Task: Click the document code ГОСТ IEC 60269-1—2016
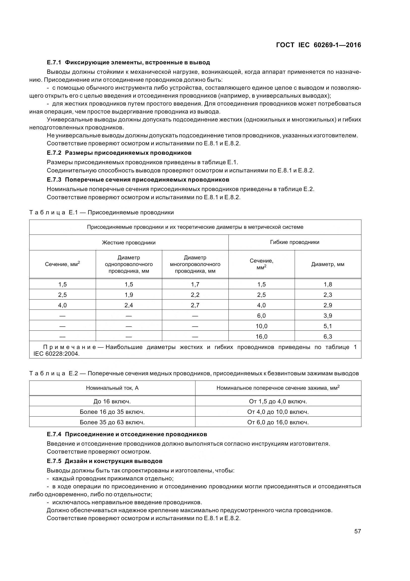tap(318, 45)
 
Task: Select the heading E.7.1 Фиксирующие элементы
tap(128, 62)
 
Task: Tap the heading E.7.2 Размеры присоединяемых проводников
tap(119, 153)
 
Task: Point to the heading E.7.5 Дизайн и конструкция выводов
tap(105, 461)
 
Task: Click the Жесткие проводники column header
tap(128, 243)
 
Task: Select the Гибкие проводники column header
tap(295, 242)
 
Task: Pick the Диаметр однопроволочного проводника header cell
tap(128, 264)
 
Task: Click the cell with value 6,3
tap(328, 337)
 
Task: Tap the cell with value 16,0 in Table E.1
tap(261, 337)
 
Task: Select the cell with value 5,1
tap(328, 326)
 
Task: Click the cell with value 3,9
tap(328, 316)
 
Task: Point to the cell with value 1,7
tap(195, 284)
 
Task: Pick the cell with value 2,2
tap(195, 295)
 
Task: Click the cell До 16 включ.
tap(112, 401)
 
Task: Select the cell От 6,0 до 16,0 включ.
tap(278, 422)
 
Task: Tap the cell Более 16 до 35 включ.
tap(112, 412)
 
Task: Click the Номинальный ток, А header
tap(112, 388)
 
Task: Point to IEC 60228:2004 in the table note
tap(56, 354)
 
